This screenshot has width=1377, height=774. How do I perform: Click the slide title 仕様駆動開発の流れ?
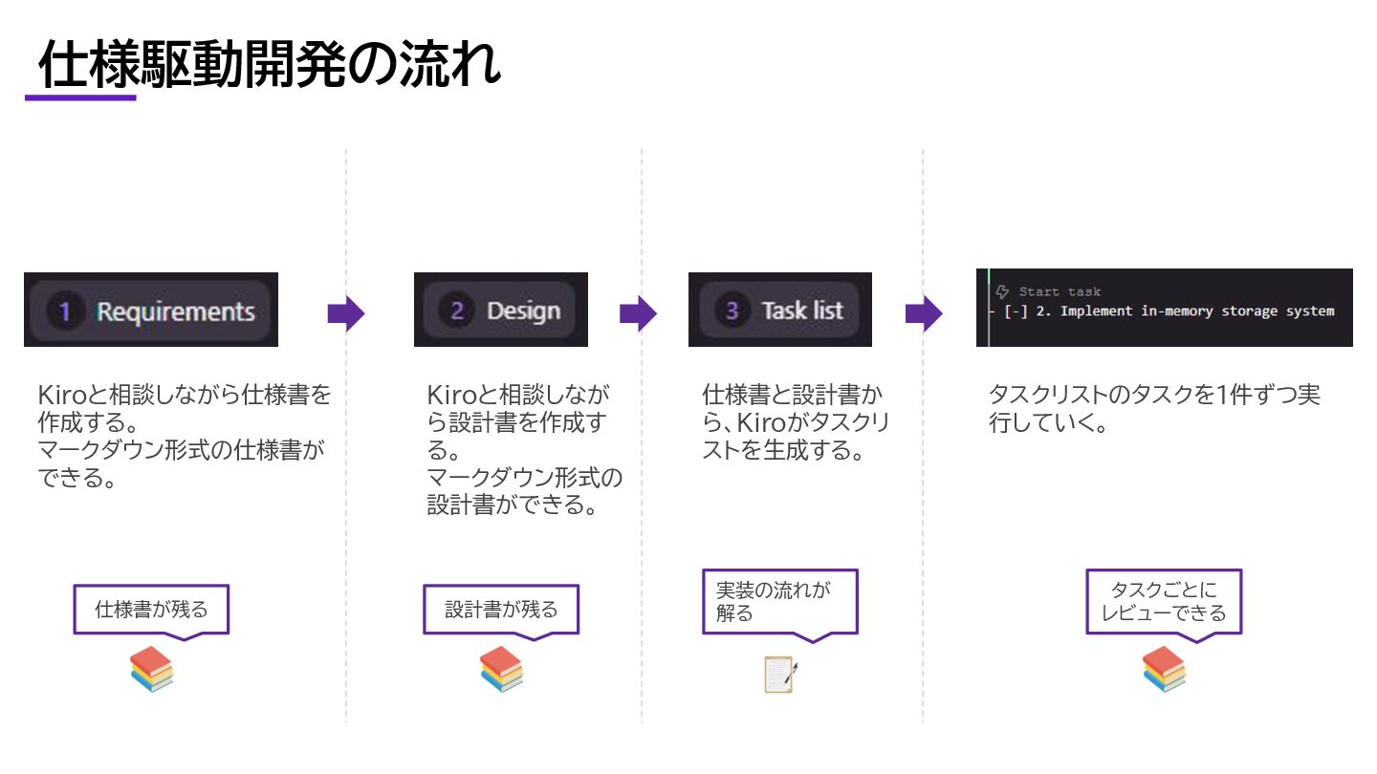click(x=270, y=66)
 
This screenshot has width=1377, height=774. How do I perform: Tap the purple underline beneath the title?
click(x=80, y=97)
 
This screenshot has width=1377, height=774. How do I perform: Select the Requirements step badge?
click(x=151, y=311)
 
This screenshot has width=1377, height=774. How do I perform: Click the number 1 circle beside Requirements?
click(x=65, y=312)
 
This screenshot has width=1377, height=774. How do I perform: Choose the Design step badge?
click(x=500, y=311)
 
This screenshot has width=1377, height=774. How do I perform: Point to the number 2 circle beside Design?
click(x=457, y=311)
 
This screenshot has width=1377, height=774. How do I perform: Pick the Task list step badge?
click(x=780, y=311)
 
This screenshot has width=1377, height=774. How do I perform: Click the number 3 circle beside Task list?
click(x=732, y=311)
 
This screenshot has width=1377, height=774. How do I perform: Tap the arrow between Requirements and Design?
click(x=346, y=312)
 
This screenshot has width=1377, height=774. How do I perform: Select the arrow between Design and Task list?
click(x=638, y=312)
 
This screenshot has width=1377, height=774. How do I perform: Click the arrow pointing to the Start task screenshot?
click(x=924, y=312)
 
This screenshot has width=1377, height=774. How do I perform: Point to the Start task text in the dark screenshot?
click(x=1059, y=291)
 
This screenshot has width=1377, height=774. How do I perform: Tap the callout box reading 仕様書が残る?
click(x=151, y=609)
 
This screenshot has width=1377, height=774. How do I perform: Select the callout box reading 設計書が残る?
click(x=501, y=609)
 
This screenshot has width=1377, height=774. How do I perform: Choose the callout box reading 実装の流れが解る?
click(x=779, y=601)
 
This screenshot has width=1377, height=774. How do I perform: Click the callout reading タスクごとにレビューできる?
click(x=1164, y=601)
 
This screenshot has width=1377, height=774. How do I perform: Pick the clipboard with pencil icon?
click(x=780, y=674)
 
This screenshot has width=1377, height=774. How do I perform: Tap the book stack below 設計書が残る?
click(x=501, y=669)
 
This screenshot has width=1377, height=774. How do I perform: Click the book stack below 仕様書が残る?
click(x=152, y=669)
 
